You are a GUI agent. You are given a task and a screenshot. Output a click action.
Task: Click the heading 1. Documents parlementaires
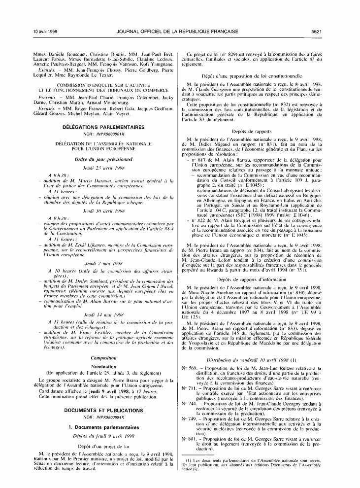pyautogui.click(x=103, y=427)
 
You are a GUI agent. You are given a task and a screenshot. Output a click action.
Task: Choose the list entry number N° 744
pyautogui.click(x=188, y=417)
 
